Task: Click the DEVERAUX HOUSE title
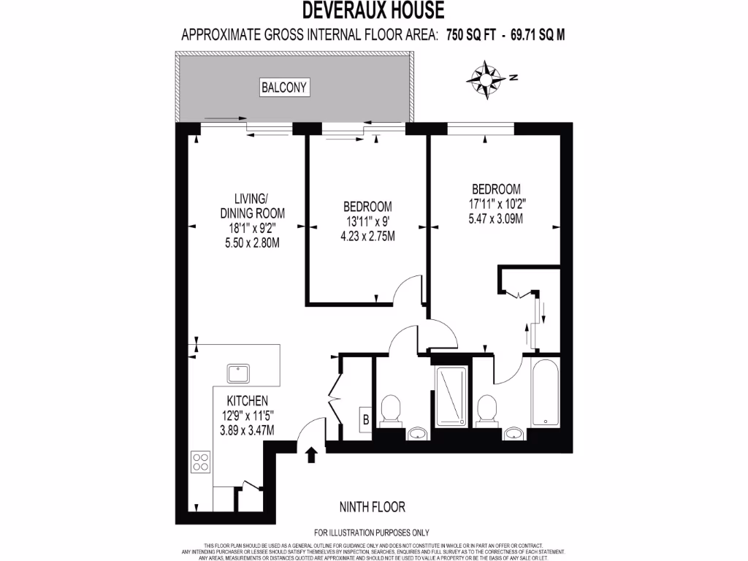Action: click(x=373, y=10)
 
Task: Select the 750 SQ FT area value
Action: click(x=467, y=34)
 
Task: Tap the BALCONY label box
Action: click(x=285, y=88)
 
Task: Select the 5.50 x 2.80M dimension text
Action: click(x=252, y=241)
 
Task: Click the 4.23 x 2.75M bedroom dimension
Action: click(x=367, y=234)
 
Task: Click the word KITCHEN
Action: click(x=248, y=401)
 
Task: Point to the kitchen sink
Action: click(x=239, y=374)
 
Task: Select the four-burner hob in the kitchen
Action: click(x=201, y=462)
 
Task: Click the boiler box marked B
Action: click(x=365, y=419)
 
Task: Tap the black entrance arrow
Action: click(x=311, y=454)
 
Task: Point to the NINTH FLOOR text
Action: click(x=373, y=507)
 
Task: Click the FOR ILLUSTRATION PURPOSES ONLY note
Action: click(x=372, y=533)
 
